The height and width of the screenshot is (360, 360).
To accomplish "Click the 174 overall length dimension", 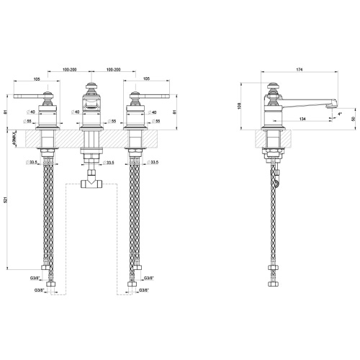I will point(299,70).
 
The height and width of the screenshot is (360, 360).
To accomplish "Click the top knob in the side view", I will point(274,90).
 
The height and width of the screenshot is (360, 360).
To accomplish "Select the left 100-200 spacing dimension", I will point(70,70).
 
